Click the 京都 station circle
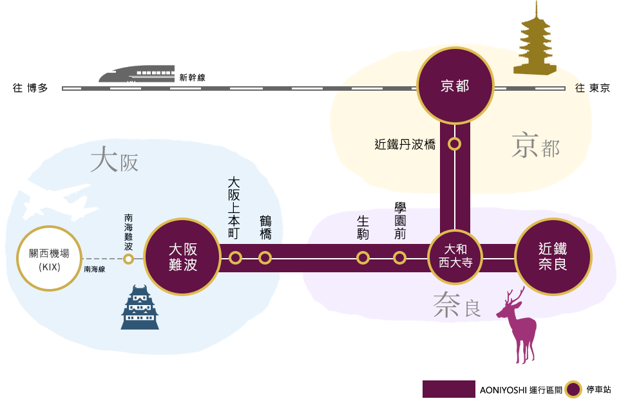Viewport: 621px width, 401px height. click(455, 86)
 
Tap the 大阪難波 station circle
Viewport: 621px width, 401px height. click(182, 257)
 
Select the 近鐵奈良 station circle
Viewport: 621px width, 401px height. click(553, 256)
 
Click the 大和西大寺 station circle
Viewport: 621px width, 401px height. click(455, 257)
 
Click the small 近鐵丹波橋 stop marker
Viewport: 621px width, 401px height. click(455, 144)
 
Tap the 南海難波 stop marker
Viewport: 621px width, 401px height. click(128, 259)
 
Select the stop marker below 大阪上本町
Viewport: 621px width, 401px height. click(235, 257)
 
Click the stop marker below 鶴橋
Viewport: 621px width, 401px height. click(265, 257)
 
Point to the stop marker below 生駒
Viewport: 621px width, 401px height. click(363, 257)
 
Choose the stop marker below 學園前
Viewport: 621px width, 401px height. click(399, 257)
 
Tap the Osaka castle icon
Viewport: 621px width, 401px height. click(140, 308)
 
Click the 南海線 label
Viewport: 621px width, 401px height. click(94, 270)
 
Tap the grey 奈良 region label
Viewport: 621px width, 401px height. click(457, 306)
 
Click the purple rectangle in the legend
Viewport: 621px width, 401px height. click(448, 389)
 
